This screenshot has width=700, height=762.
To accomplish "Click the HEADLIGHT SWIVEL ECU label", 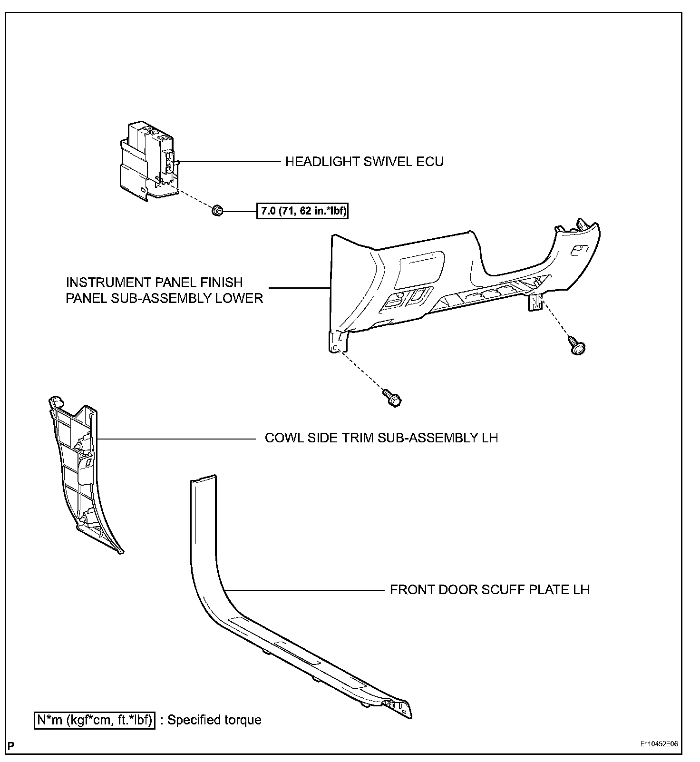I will [x=364, y=162].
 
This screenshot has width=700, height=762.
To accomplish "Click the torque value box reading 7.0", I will [x=302, y=211].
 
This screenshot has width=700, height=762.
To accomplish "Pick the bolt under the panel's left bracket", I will [x=392, y=398].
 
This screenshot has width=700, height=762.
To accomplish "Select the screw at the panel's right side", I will [x=577, y=345].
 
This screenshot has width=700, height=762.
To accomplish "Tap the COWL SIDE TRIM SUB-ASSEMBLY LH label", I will [x=381, y=438].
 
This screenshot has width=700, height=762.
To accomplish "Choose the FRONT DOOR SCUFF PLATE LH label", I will [x=489, y=590].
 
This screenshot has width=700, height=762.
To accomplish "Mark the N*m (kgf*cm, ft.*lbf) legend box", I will [x=95, y=720].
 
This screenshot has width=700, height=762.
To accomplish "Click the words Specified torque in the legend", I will [x=214, y=720].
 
